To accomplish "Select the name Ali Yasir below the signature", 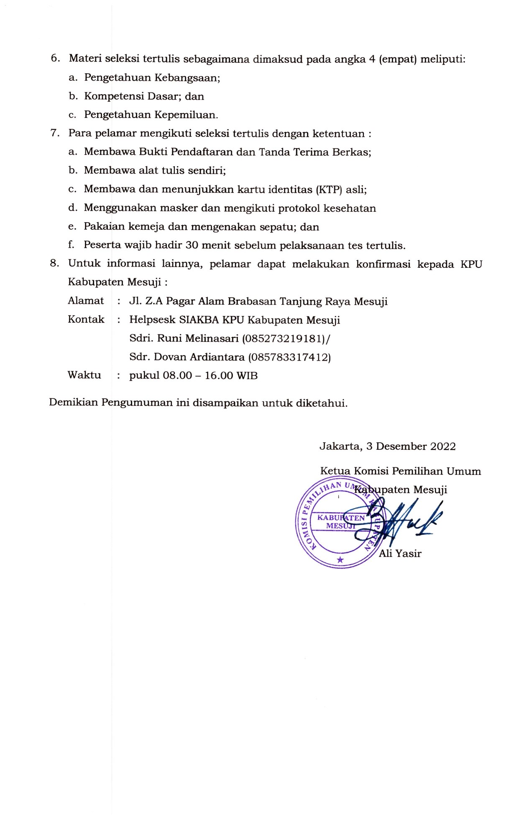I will tap(400, 554).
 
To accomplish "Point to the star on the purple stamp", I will tap(340, 559).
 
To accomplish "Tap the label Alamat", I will tap(86, 301).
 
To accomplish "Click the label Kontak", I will tap(86, 320).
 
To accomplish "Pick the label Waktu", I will tap(84, 375).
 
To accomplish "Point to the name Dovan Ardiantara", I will tap(199, 357).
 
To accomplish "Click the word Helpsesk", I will tap(153, 320).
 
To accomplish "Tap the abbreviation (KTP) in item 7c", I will tap(330, 190).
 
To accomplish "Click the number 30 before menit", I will tap(192, 245).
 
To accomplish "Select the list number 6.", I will tap(54, 59).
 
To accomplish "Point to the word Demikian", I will tap(74, 403).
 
